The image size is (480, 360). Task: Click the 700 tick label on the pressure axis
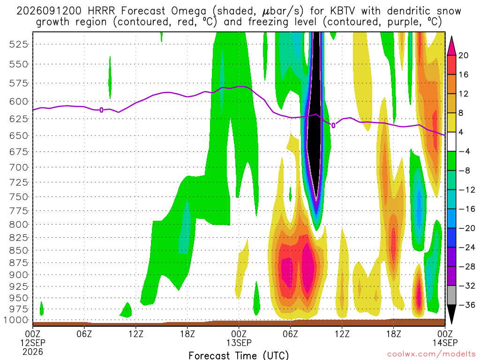(x=19, y=167)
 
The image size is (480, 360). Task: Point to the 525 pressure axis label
(x=19, y=45)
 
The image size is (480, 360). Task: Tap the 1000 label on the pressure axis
(x=16, y=320)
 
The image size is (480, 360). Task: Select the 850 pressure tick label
(x=19, y=250)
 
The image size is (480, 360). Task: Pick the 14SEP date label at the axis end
(x=445, y=343)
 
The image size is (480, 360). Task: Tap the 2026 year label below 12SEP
(x=33, y=352)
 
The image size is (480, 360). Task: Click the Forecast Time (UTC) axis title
(x=239, y=355)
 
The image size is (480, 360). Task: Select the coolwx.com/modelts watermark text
(x=432, y=354)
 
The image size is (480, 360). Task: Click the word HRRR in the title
(x=101, y=11)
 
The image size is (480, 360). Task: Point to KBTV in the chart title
(x=343, y=11)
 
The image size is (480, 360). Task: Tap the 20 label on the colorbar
(x=464, y=55)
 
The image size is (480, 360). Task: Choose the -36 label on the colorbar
(x=467, y=305)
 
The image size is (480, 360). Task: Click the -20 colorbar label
(x=467, y=228)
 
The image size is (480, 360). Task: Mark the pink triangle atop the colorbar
(x=451, y=46)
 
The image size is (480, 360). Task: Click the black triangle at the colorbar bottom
(x=451, y=314)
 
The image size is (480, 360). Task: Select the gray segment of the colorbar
(x=451, y=295)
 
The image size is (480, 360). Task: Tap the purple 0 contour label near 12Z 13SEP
(x=333, y=125)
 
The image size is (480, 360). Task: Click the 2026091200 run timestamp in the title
(x=49, y=11)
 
